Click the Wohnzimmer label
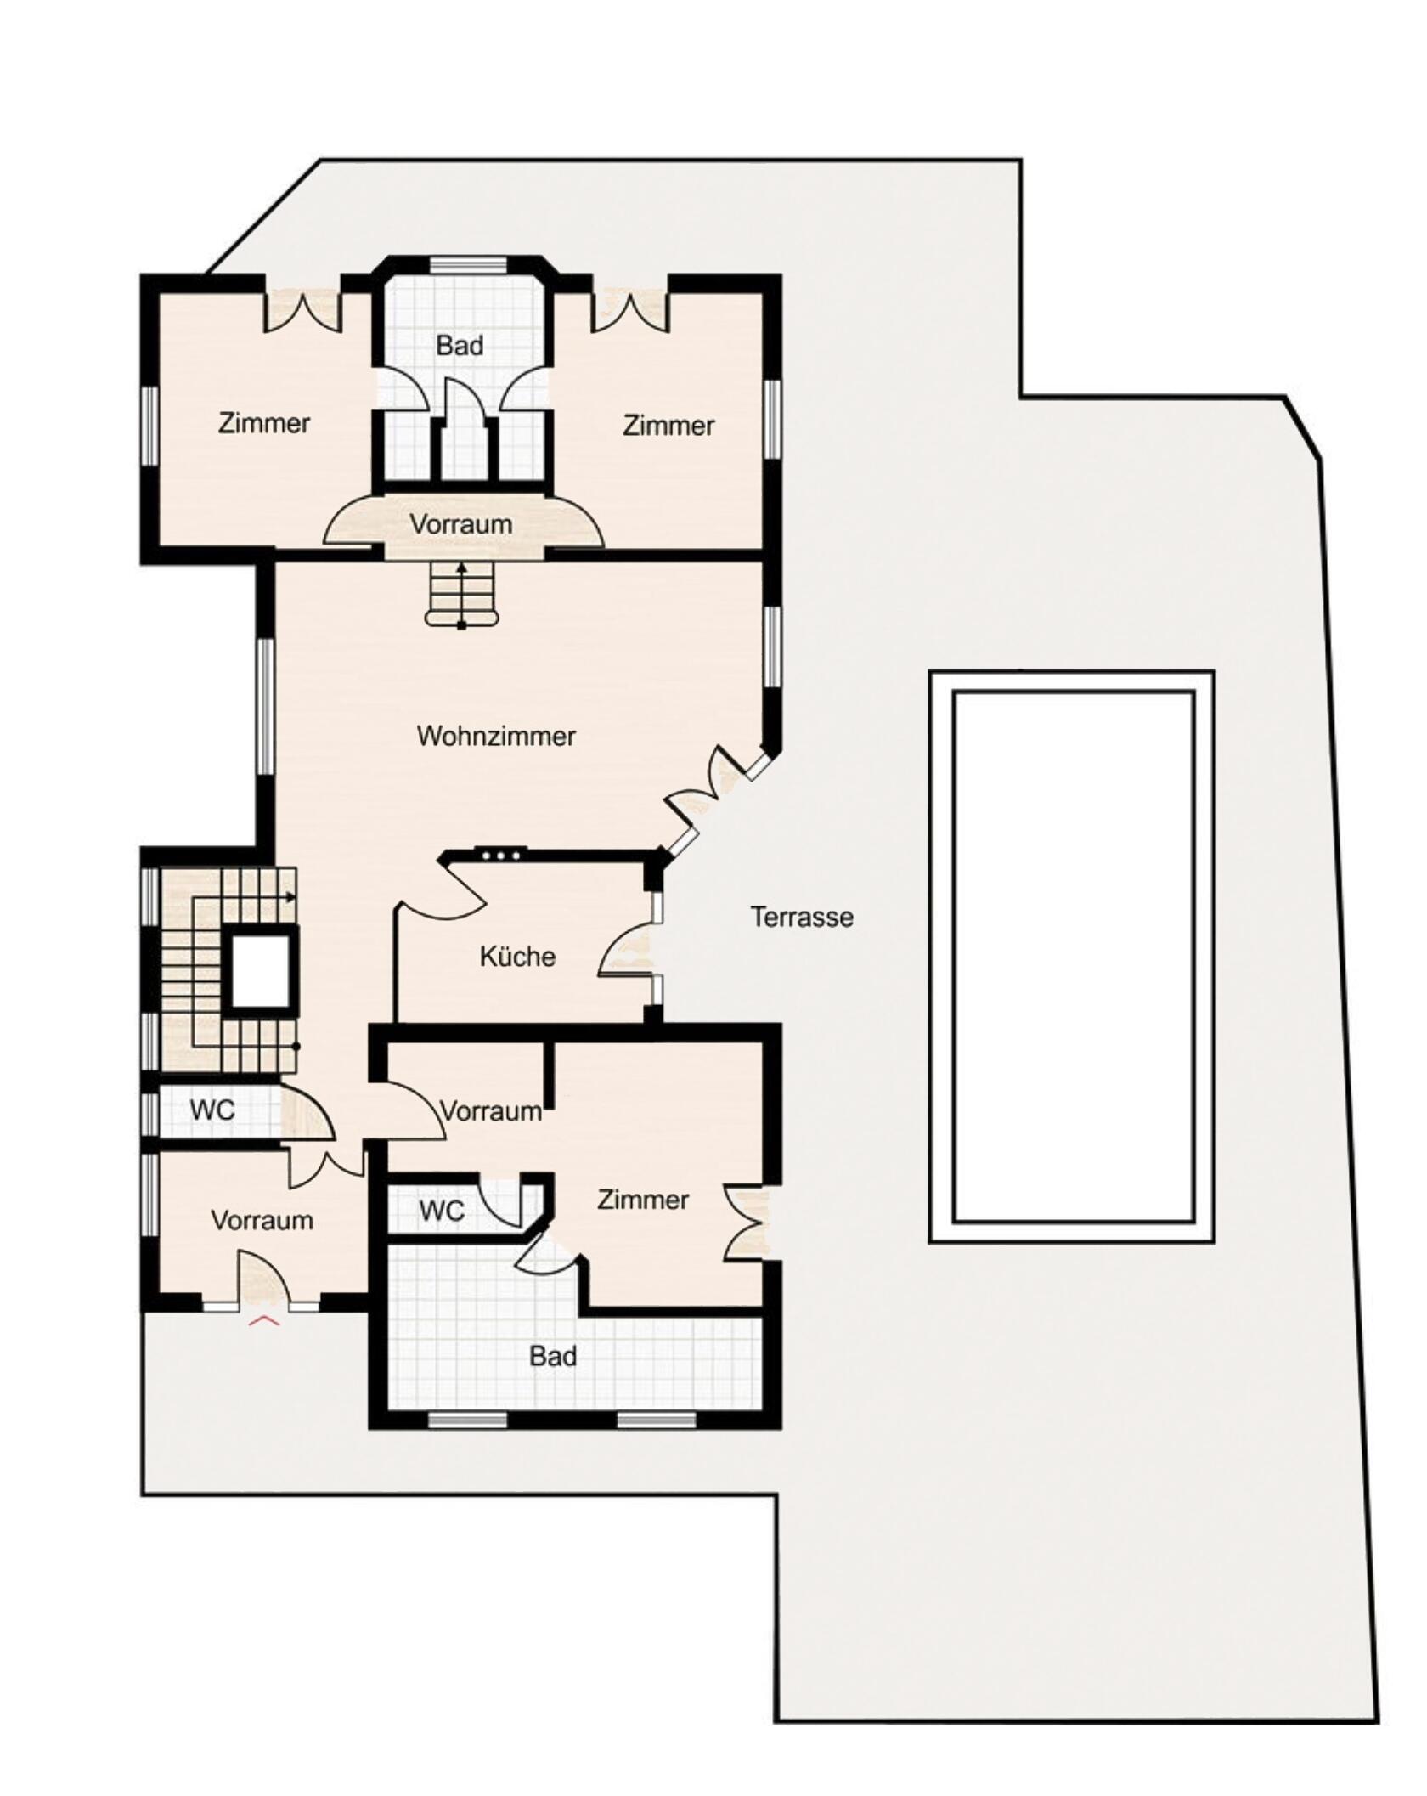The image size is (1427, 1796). pyautogui.click(x=496, y=736)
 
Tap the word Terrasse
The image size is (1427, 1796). pyautogui.click(x=802, y=918)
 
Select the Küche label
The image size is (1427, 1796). pyautogui.click(x=517, y=957)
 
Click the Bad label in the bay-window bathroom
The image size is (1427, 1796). pyautogui.click(x=460, y=346)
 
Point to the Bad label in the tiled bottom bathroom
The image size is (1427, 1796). pyautogui.click(x=553, y=1356)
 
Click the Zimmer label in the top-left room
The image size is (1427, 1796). pyautogui.click(x=264, y=423)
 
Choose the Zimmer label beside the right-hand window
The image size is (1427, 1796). pyautogui.click(x=668, y=426)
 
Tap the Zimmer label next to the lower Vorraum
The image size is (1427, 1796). pyautogui.click(x=643, y=1200)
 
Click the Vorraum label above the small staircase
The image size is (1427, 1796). pyautogui.click(x=461, y=524)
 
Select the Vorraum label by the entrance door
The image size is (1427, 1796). pyautogui.click(x=262, y=1221)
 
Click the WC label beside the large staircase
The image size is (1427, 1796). pyautogui.click(x=212, y=1110)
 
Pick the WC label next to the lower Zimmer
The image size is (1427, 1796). pyautogui.click(x=442, y=1211)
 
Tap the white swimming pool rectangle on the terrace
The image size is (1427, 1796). pyautogui.click(x=1072, y=957)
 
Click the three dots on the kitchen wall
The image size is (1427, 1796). pyautogui.click(x=500, y=856)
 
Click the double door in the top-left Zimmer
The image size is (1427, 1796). pyautogui.click(x=303, y=311)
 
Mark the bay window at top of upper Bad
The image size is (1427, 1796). pyautogui.click(x=467, y=265)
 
